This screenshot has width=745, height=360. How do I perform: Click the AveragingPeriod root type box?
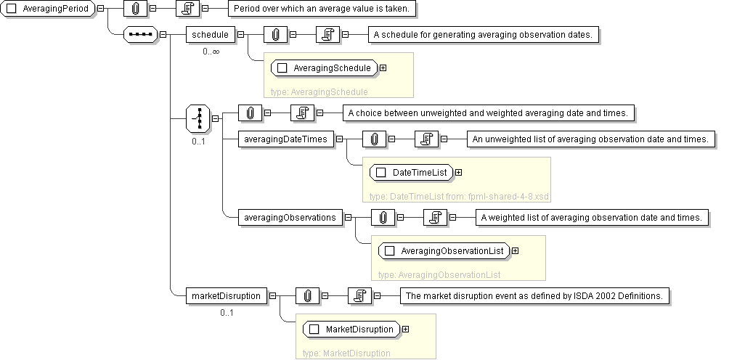pos(49,9)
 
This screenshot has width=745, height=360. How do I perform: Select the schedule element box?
pos(209,34)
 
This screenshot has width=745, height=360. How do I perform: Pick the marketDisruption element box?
pos(225,295)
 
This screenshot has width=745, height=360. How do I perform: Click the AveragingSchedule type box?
pos(324,68)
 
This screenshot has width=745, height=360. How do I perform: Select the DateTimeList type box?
pos(412,173)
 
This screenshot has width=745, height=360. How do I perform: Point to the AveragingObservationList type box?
pos(444,251)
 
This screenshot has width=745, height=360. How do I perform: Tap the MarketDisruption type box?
pos(351,330)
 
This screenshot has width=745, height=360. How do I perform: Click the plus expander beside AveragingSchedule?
pos(382,68)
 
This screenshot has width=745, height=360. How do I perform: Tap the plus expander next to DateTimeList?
pos(458,173)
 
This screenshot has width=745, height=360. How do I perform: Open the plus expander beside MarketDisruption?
pos(405,330)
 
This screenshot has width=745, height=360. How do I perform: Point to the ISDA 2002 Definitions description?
pos(534,295)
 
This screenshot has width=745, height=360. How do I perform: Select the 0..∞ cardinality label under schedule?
pos(211,52)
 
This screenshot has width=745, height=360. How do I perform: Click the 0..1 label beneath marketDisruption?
pos(227,313)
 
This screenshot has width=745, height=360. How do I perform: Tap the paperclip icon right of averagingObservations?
pos(383,217)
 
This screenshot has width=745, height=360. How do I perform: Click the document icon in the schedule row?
pos(328,34)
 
